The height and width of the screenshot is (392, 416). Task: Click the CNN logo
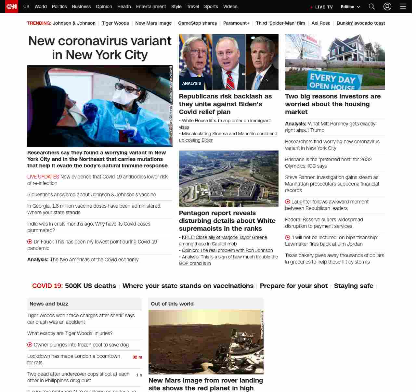[x=12, y=7]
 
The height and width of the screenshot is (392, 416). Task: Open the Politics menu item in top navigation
[x=59, y=7]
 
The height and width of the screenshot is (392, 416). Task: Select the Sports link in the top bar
[x=211, y=7]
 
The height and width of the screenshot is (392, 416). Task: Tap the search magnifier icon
[x=372, y=7]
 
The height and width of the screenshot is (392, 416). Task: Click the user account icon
[x=387, y=7]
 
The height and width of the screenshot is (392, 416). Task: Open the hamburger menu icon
[x=403, y=7]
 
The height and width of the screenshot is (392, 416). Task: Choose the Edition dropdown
[x=350, y=7]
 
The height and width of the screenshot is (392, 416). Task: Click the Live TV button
[x=322, y=7]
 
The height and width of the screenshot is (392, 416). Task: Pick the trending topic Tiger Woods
[x=115, y=23]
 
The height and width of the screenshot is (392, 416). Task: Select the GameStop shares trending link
[x=197, y=23]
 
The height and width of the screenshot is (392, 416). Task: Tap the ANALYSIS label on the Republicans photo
[x=191, y=84]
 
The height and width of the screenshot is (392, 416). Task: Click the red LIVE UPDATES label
[x=43, y=177]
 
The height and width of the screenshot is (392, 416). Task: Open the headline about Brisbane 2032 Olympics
[x=328, y=163]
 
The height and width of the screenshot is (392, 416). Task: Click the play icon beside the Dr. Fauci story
[x=30, y=242]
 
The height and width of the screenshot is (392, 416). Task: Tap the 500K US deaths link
[x=90, y=286]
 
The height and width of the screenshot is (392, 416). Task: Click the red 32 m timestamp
[x=137, y=357]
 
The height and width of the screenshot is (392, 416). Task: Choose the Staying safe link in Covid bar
[x=354, y=286]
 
